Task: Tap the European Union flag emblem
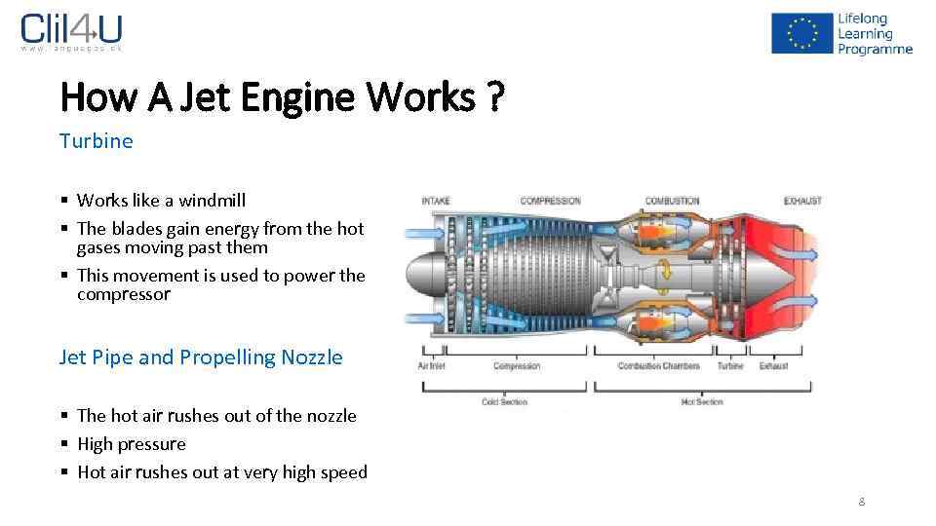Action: pyautogui.click(x=800, y=33)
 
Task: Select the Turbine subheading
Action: pyautogui.click(x=96, y=140)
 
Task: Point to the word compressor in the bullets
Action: pyautogui.click(x=124, y=294)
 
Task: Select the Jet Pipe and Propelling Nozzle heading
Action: pyautogui.click(x=201, y=357)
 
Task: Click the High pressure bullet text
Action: pyautogui.click(x=131, y=444)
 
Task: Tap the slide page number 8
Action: pyautogui.click(x=861, y=502)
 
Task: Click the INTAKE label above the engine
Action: pyautogui.click(x=436, y=202)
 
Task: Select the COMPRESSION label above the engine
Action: pyautogui.click(x=550, y=202)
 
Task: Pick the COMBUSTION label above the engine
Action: pyautogui.click(x=672, y=202)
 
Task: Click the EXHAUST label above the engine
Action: pyautogui.click(x=802, y=202)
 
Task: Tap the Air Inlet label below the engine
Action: pyautogui.click(x=431, y=366)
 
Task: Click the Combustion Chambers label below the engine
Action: pyautogui.click(x=658, y=366)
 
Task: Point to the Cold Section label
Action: pyautogui.click(x=505, y=401)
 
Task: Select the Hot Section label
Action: pyautogui.click(x=702, y=401)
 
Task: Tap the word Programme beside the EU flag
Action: pyautogui.click(x=875, y=49)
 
